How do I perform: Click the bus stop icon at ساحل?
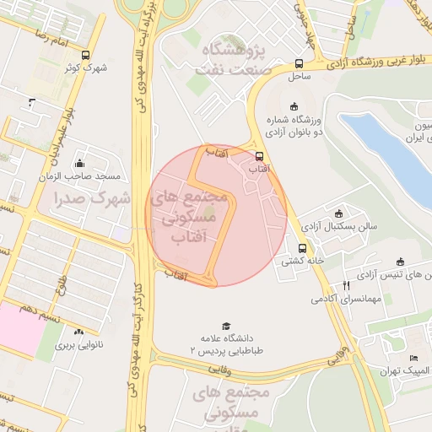point(299,64)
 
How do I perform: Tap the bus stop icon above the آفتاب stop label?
point(259,156)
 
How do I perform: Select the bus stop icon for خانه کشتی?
point(301,248)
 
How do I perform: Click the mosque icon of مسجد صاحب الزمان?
point(79,164)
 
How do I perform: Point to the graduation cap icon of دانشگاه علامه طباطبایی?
point(225,327)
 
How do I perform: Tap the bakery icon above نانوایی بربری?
point(79,332)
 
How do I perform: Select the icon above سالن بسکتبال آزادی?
point(339,213)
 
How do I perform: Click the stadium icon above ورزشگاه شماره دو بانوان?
point(294,106)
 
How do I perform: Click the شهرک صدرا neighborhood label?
point(90,199)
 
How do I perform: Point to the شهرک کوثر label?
point(86,67)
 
